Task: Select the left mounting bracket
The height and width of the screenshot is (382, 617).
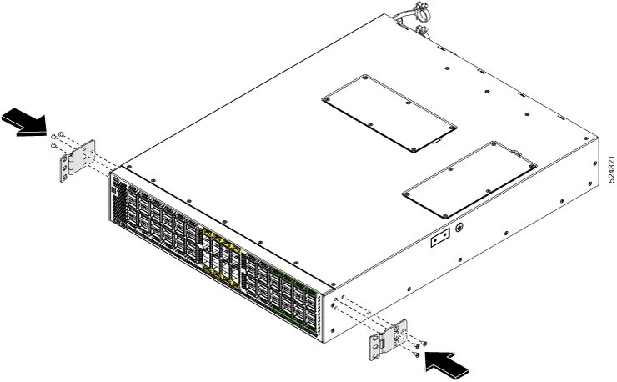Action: [x=78, y=160]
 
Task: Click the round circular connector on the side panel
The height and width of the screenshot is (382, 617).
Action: [x=459, y=227]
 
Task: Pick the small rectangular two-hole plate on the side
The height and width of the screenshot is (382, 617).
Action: [x=440, y=238]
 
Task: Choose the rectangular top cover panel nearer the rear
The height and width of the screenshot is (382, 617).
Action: [x=389, y=113]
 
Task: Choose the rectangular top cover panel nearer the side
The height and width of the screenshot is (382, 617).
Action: [x=469, y=180]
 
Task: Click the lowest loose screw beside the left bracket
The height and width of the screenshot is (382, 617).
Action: [x=54, y=146]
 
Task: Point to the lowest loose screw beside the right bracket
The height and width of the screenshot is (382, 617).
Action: [x=417, y=354]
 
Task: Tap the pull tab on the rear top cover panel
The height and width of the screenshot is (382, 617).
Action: [x=434, y=140]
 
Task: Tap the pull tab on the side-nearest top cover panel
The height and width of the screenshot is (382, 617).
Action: [x=515, y=152]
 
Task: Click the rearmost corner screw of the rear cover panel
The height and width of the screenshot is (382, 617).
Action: [x=365, y=78]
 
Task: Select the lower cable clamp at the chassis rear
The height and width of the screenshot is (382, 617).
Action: [x=422, y=30]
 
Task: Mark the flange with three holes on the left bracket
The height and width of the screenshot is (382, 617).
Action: [x=64, y=168]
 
